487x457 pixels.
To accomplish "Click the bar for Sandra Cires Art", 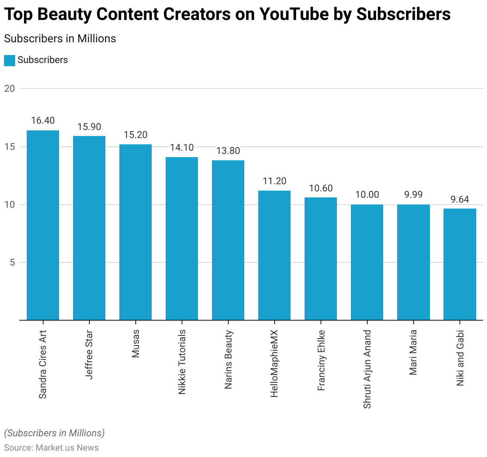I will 43,225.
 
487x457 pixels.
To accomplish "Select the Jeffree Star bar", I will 89,228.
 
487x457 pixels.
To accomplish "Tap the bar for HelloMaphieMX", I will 274,255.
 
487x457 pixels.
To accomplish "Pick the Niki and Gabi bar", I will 459,264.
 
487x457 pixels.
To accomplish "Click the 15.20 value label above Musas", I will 135,135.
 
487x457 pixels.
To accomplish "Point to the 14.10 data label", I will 182,148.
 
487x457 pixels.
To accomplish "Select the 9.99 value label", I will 413,195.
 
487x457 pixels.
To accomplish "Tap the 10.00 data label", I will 367,195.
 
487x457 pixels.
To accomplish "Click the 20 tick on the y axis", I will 10,89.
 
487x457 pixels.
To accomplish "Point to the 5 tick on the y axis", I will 12,262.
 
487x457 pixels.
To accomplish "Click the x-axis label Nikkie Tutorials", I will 182,362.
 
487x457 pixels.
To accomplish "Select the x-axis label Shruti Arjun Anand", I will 367,369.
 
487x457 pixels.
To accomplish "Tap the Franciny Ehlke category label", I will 321,360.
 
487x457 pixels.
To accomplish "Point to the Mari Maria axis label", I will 414,352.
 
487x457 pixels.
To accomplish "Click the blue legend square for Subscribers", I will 10,60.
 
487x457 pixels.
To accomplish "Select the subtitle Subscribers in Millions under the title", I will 60,39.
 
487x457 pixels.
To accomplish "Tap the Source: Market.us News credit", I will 51,447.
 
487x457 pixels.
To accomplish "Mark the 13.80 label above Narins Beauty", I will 228,151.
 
